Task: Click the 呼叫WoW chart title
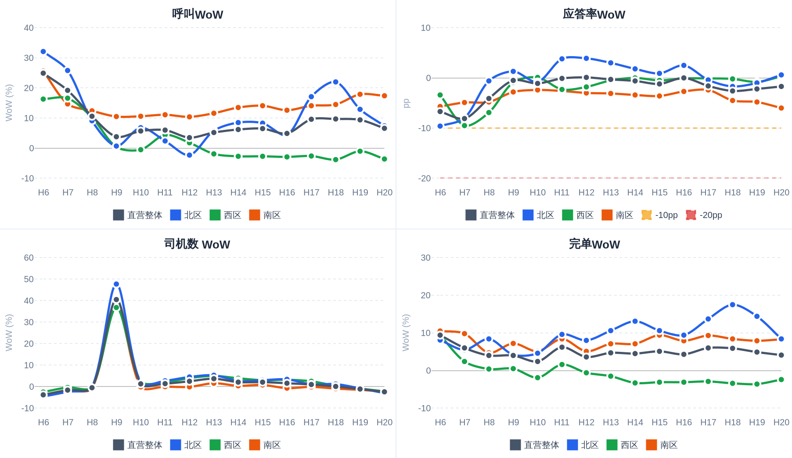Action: point(198,14)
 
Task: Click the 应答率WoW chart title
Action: point(594,14)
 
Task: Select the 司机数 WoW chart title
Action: point(197,244)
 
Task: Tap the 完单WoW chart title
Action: point(594,244)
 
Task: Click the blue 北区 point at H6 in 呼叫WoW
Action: point(43,52)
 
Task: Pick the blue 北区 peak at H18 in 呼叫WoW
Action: point(336,82)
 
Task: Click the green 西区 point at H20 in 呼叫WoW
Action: point(385,159)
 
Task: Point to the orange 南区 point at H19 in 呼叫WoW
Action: point(360,94)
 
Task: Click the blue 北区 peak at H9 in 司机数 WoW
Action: point(116,284)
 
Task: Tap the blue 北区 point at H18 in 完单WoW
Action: point(733,305)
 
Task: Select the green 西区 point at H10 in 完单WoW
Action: point(538,378)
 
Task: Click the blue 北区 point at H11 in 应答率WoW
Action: point(562,59)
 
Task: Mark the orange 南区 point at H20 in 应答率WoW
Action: point(781,108)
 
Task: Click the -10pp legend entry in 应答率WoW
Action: point(660,215)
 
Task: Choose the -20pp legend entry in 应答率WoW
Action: point(704,215)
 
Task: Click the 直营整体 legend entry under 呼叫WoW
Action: point(138,215)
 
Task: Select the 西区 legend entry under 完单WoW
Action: point(623,445)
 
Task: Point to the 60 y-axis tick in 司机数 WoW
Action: point(29,258)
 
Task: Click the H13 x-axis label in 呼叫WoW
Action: point(214,192)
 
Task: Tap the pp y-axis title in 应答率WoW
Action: point(406,103)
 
